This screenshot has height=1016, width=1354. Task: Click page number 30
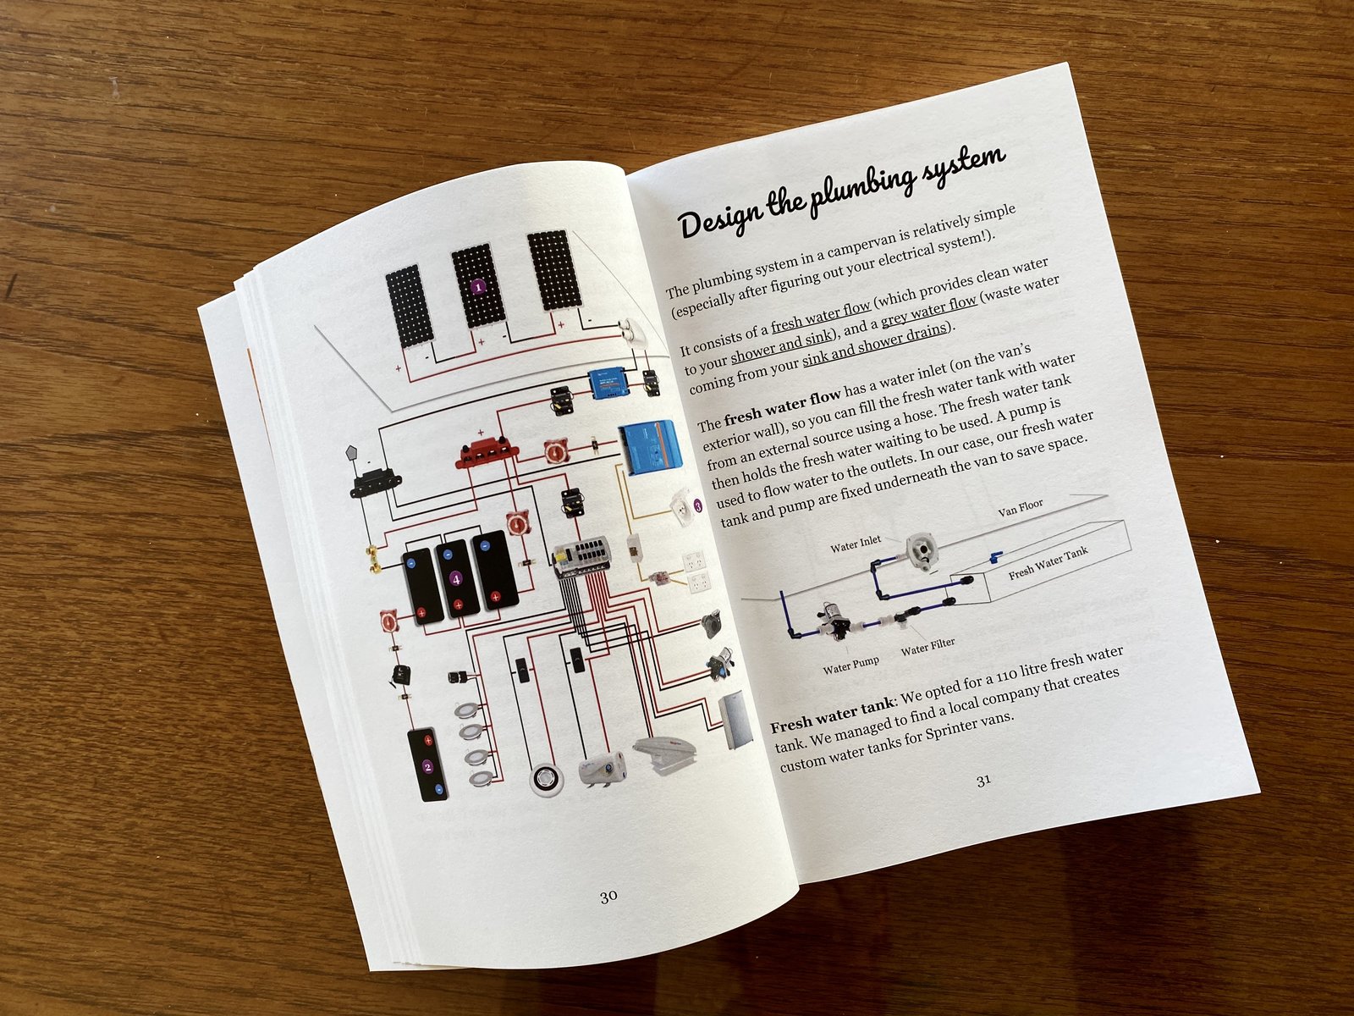pyautogui.click(x=608, y=897)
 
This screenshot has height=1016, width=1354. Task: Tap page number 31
pyautogui.click(x=983, y=781)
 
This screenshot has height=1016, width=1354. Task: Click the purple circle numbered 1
pyautogui.click(x=478, y=286)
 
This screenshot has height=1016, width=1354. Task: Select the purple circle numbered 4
pyautogui.click(x=457, y=579)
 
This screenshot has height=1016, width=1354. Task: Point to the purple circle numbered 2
pyautogui.click(x=427, y=766)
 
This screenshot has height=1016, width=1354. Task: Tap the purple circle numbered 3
pyautogui.click(x=697, y=506)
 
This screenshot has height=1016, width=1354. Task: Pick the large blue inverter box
pyautogui.click(x=647, y=444)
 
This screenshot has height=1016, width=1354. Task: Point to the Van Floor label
pyautogui.click(x=1020, y=508)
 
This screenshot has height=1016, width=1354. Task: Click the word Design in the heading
pyautogui.click(x=721, y=218)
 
